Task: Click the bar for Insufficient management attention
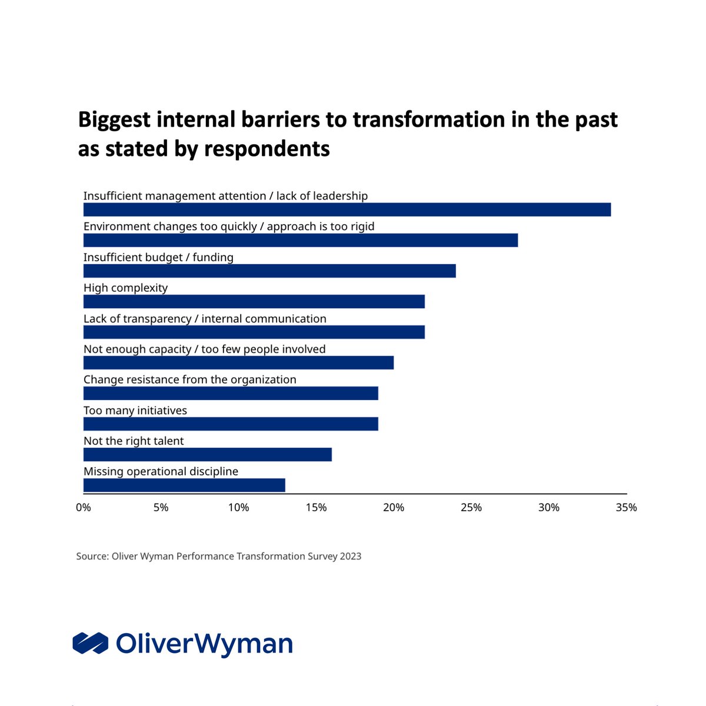[x=347, y=209]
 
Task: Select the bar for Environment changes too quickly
[x=301, y=240]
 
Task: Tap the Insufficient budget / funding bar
[x=269, y=271]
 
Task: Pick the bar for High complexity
[x=254, y=301]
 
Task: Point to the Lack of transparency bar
[x=254, y=332]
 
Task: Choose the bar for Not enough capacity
[x=238, y=362]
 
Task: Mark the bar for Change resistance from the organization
[x=231, y=393]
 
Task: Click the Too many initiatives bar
[x=231, y=424]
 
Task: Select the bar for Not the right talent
[x=208, y=454]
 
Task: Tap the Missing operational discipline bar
[x=184, y=485]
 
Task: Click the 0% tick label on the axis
[x=84, y=507]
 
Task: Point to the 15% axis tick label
[x=316, y=507]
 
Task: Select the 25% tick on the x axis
[x=471, y=507]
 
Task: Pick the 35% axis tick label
[x=626, y=507]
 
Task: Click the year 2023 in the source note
[x=350, y=556]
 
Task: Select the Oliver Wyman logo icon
[x=90, y=643]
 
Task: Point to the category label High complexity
[x=125, y=288]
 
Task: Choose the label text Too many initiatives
[x=135, y=410]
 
